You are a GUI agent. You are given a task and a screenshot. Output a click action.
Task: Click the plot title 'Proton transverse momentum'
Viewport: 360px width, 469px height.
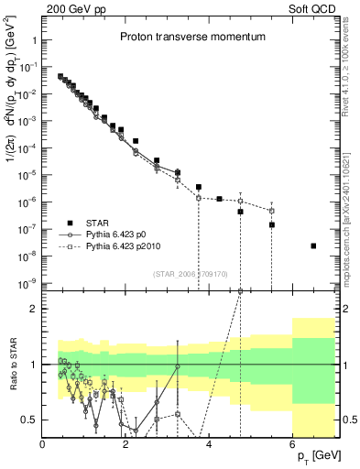(x=192, y=38)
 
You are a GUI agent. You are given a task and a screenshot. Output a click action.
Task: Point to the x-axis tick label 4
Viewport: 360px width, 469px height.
(x=210, y=444)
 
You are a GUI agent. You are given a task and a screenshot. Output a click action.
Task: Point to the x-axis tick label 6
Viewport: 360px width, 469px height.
(x=293, y=444)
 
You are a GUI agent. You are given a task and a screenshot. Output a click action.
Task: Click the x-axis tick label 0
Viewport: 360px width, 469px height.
(x=43, y=444)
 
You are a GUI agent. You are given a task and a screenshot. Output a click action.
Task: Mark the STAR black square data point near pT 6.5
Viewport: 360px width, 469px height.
(x=314, y=245)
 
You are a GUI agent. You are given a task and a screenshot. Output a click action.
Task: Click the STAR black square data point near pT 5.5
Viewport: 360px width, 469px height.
(x=272, y=224)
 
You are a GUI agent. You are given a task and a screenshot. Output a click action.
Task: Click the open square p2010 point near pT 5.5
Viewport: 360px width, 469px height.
(x=272, y=211)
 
